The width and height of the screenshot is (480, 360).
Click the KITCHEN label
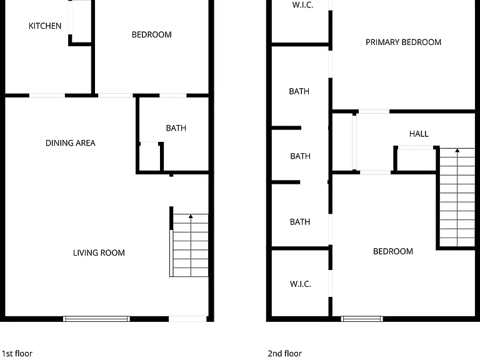click(45, 26)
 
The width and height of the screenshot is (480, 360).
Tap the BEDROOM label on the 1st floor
click(151, 34)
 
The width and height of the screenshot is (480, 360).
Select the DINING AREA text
click(71, 143)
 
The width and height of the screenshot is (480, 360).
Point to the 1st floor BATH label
click(176, 128)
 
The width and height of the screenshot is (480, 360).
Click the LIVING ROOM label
click(99, 253)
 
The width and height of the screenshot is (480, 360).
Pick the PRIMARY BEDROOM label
click(404, 42)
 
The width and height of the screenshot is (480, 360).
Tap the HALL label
click(419, 134)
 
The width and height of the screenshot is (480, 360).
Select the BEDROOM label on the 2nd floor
click(393, 251)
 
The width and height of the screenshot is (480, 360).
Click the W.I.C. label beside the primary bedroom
click(302, 4)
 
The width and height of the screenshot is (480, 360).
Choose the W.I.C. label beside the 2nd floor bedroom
click(300, 284)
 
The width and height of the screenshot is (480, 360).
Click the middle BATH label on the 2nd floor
click(300, 156)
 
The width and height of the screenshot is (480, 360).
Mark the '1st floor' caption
click(17, 354)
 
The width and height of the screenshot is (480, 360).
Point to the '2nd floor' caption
click(285, 354)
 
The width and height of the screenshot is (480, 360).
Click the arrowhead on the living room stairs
click(191, 216)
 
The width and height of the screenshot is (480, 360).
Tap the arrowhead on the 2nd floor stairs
click(457, 150)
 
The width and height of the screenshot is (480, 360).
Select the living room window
click(96, 319)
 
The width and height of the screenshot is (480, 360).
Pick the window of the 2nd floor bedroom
click(362, 319)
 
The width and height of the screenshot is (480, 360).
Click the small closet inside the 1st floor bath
click(150, 157)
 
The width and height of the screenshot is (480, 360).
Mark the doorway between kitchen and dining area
click(47, 96)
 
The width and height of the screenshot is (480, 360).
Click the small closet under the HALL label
click(416, 159)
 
